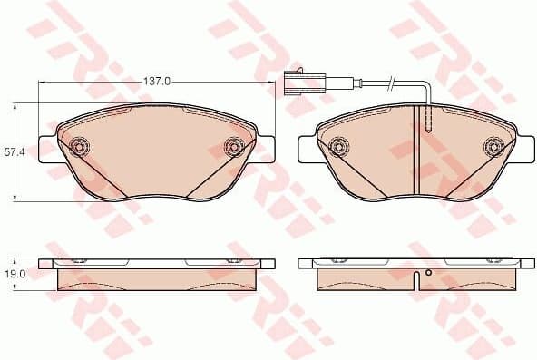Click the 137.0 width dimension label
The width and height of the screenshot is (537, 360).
[157, 82]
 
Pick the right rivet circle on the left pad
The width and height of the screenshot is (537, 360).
[234, 145]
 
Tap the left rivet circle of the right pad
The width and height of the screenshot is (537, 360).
[339, 145]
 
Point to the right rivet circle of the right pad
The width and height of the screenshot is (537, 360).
[494, 145]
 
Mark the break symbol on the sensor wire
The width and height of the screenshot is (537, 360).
[389, 86]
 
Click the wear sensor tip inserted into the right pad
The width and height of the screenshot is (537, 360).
[425, 118]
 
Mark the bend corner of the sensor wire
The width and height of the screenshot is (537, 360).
[425, 88]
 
